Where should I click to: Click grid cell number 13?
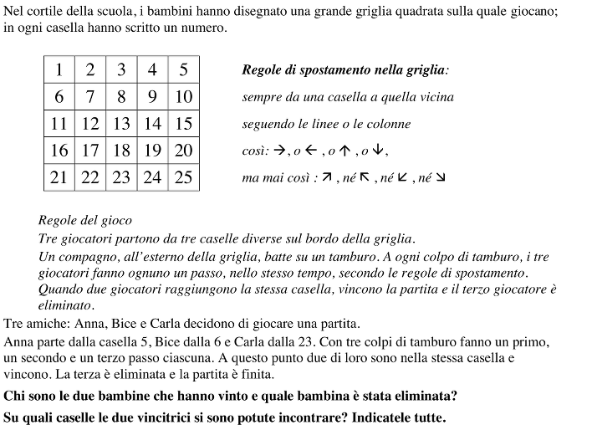pos(121,124)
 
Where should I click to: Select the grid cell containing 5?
pos(183,69)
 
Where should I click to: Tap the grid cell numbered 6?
pos(59,97)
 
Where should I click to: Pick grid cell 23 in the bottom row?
pos(121,177)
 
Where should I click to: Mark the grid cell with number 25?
pos(183,177)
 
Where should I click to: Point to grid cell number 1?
pos(59,69)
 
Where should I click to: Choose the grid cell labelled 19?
pos(152,151)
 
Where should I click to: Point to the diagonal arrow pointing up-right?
pos(328,178)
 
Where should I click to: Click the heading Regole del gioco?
pos(84,221)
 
